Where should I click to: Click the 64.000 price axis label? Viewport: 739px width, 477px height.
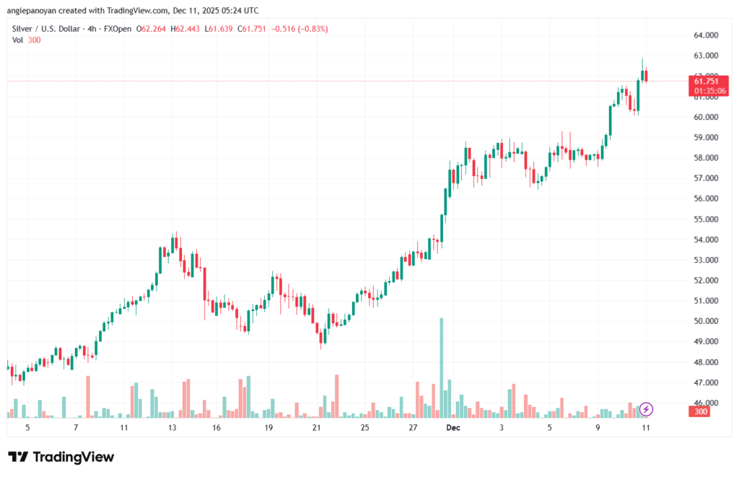pyautogui.click(x=710, y=35)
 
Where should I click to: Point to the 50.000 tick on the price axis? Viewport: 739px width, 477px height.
pyautogui.click(x=710, y=320)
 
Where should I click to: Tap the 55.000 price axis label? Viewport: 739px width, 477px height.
pyautogui.click(x=710, y=219)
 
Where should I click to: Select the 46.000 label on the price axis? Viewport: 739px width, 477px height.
pyautogui.click(x=710, y=402)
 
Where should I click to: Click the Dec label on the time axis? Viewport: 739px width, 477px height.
pyautogui.click(x=453, y=427)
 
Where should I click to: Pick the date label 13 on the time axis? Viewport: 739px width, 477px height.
pyautogui.click(x=172, y=427)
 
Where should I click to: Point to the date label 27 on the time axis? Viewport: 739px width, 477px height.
pyautogui.click(x=413, y=427)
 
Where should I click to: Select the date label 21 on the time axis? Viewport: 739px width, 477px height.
pyautogui.click(x=316, y=427)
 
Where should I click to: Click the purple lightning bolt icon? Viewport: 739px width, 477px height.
pyautogui.click(x=647, y=409)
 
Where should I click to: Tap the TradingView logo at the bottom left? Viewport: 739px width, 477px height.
pyautogui.click(x=61, y=457)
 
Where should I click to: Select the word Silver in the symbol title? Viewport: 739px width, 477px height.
pyautogui.click(x=23, y=28)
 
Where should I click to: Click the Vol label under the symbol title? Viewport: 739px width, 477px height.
pyautogui.click(x=17, y=40)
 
